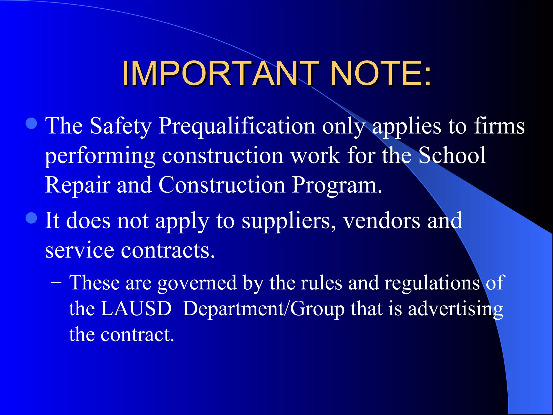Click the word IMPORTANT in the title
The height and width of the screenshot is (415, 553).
220,73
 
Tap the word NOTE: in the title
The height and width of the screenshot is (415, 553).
381,73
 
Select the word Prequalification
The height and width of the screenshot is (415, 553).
237,126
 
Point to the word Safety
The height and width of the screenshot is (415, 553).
120,126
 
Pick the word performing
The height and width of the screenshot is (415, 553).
100,156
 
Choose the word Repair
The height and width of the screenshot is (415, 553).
77,185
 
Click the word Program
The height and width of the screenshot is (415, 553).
337,185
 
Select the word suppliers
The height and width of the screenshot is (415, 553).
289,221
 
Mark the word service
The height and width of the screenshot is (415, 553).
79,250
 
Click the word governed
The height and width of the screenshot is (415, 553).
197,283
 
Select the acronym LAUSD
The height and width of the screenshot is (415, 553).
136,308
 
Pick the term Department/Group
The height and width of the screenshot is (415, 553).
264,309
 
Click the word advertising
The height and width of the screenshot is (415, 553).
455,309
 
